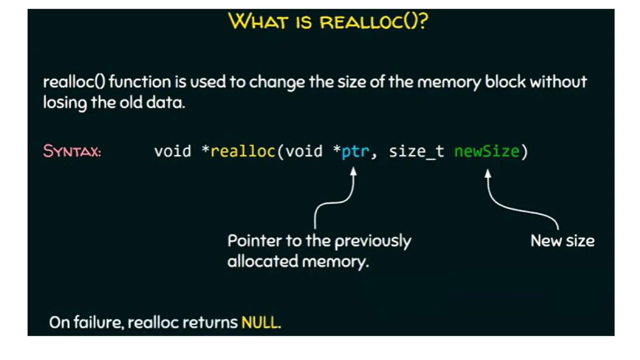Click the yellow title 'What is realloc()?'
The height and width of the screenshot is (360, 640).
(x=328, y=21)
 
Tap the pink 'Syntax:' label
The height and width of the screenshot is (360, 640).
(x=72, y=151)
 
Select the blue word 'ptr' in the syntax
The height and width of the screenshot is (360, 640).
(x=355, y=151)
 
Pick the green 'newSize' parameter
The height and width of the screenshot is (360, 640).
(x=487, y=151)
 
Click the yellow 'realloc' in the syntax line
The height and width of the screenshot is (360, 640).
(x=243, y=151)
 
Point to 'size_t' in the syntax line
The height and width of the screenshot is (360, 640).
(x=416, y=151)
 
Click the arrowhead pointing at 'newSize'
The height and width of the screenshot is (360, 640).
(x=488, y=173)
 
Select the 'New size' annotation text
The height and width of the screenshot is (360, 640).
(x=562, y=241)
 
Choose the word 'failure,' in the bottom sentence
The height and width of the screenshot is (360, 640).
(x=99, y=322)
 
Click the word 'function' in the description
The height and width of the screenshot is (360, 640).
(x=140, y=82)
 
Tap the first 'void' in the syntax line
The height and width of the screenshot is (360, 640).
(x=172, y=151)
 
